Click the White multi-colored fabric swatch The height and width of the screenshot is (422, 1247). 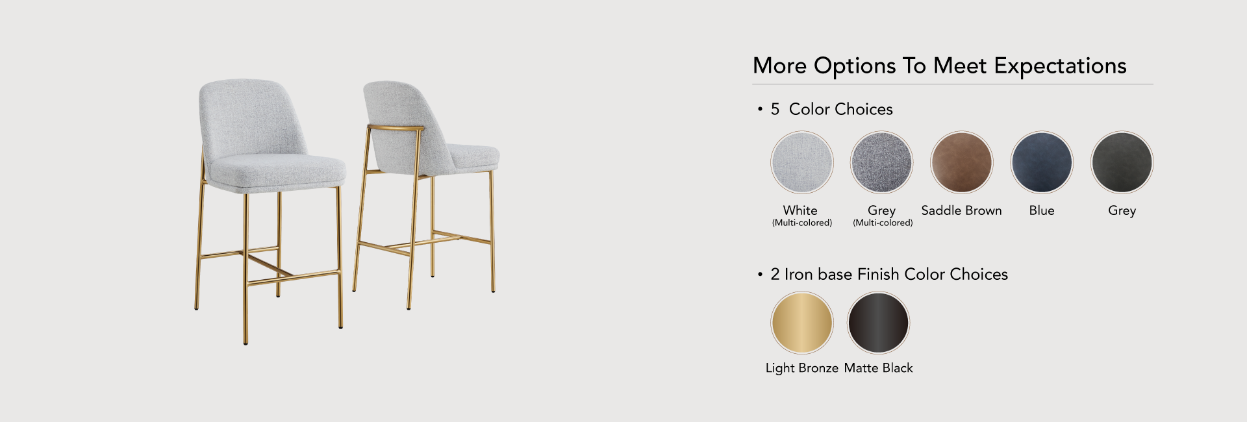tap(801, 162)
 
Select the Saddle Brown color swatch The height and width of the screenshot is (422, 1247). tap(961, 162)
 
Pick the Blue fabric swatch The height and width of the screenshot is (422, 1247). tap(1042, 162)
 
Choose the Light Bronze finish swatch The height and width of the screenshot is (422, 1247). tap(801, 323)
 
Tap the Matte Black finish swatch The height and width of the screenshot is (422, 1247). tap(878, 323)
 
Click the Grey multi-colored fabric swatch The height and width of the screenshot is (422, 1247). tap(881, 162)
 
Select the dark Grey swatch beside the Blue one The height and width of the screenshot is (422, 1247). tap(1122, 162)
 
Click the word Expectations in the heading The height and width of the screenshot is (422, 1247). tap(1060, 66)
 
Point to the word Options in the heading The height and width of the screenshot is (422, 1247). tap(854, 66)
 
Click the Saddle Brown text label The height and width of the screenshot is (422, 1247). tap(961, 210)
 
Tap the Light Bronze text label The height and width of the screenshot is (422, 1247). tap(801, 368)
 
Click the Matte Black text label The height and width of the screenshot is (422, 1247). tap(878, 368)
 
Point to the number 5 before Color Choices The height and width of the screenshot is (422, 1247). tap(775, 109)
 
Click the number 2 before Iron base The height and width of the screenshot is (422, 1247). tap(775, 274)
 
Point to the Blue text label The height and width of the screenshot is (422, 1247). tap(1042, 210)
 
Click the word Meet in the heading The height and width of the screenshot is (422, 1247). tap(960, 66)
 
